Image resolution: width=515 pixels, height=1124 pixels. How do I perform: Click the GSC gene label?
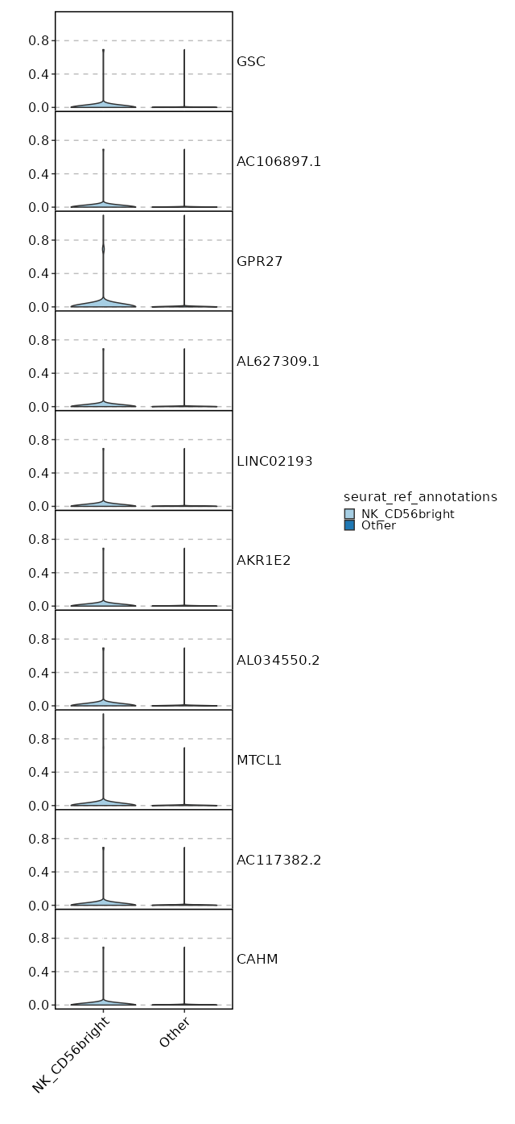pos(250,62)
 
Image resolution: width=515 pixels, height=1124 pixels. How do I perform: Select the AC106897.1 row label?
pos(278,162)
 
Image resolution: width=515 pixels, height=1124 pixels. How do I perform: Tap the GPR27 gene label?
pos(259,262)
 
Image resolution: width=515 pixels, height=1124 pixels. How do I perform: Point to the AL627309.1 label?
pos(278,362)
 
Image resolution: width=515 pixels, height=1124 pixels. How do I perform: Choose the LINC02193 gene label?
pos(274,462)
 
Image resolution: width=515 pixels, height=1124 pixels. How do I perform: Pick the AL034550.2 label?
pos(278,661)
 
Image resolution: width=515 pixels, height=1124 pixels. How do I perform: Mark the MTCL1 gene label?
pos(259,761)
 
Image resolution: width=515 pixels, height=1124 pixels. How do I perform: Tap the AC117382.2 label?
pos(278,861)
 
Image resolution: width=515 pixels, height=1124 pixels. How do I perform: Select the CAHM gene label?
pos(257,960)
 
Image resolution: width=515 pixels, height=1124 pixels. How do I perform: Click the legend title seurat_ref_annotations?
pos(420,497)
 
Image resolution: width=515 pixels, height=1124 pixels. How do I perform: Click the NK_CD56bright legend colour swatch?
pos(349,514)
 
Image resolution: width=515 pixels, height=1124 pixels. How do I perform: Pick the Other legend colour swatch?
pos(349,525)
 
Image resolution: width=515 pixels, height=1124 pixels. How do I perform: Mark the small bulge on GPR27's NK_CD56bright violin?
pos(103,249)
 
